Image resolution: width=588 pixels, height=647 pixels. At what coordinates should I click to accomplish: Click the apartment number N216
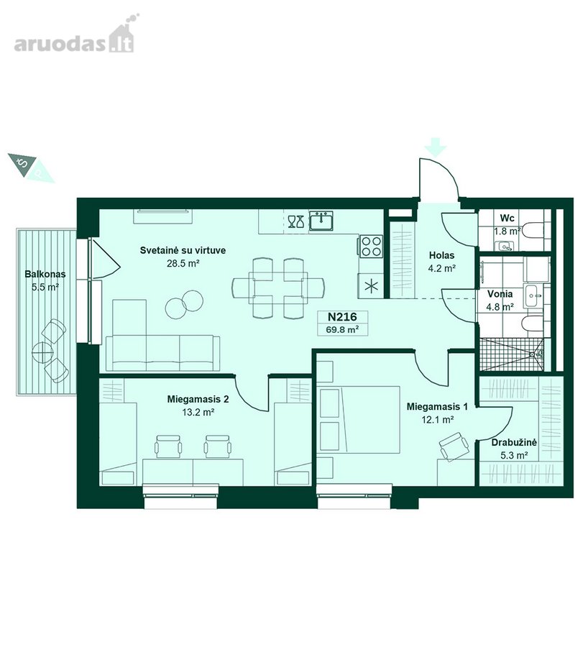pos(342,317)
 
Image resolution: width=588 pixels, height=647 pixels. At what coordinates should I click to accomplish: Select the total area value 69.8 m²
pos(342,329)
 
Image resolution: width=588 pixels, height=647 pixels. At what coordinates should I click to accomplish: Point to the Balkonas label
pos(45,274)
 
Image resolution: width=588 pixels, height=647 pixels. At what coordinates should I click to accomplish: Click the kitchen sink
pos(322,221)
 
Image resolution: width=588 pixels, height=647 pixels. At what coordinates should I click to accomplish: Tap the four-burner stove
pos(370,246)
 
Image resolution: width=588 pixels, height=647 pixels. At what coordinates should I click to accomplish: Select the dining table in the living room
pos(278,288)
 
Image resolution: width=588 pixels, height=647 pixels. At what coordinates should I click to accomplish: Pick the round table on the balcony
pos(43,353)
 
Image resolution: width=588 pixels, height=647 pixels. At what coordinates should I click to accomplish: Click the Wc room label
pos(507,218)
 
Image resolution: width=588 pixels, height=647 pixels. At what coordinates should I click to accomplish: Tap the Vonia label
pos(500,294)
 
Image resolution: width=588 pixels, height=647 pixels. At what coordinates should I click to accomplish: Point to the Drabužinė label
pos(514,443)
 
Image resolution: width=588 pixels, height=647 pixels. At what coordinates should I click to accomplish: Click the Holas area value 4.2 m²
pos(441,268)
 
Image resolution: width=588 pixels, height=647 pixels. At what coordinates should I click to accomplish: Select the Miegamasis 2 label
pos(198,399)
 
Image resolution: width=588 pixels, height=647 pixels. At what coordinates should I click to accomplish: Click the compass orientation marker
pos(30,168)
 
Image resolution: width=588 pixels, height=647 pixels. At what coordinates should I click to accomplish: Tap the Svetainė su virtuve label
pos(183,250)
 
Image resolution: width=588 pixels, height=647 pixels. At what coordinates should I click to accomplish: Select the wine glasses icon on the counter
pos(296,221)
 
